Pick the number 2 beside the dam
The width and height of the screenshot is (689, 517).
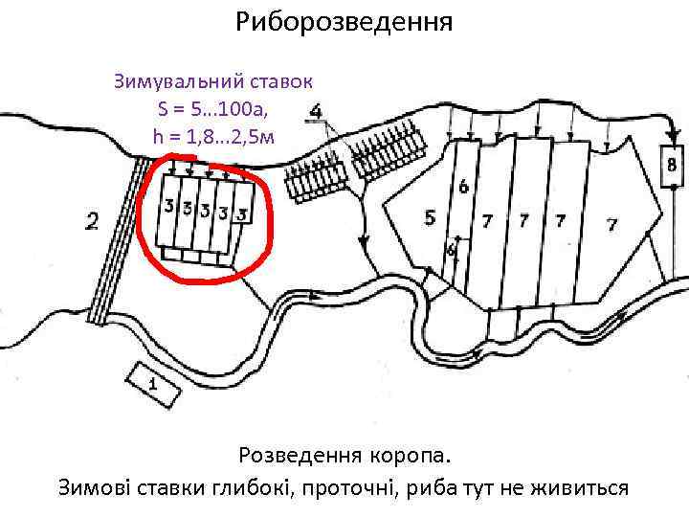[x=92, y=222]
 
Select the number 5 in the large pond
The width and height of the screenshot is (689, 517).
[x=430, y=218]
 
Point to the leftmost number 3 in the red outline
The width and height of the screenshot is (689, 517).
[x=168, y=206]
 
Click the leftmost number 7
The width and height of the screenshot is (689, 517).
[x=488, y=222]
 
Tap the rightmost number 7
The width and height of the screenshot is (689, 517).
[x=611, y=225]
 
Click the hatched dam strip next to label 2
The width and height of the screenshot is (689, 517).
[x=117, y=239]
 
